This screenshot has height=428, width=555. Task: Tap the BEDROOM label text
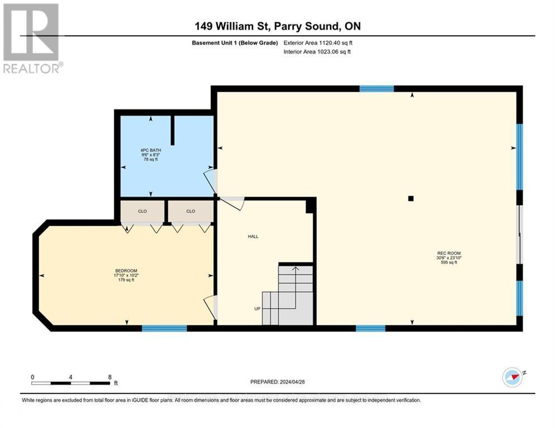[x=124, y=271]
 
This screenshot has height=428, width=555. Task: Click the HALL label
[x=253, y=236]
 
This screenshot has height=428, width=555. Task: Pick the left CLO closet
[x=143, y=211]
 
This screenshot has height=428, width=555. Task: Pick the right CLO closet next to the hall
[x=191, y=211]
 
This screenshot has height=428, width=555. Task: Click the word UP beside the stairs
[x=257, y=308]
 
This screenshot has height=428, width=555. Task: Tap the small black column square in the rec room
[x=411, y=198]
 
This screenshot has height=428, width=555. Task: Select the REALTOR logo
[x=31, y=38]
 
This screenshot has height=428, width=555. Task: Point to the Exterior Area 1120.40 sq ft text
[x=317, y=42]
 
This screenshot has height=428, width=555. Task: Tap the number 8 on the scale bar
[x=110, y=377]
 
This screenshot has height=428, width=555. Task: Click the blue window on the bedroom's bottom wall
[x=164, y=329]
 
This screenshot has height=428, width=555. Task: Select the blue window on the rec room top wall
[x=377, y=89]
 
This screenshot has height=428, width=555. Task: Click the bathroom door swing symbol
[x=209, y=179]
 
